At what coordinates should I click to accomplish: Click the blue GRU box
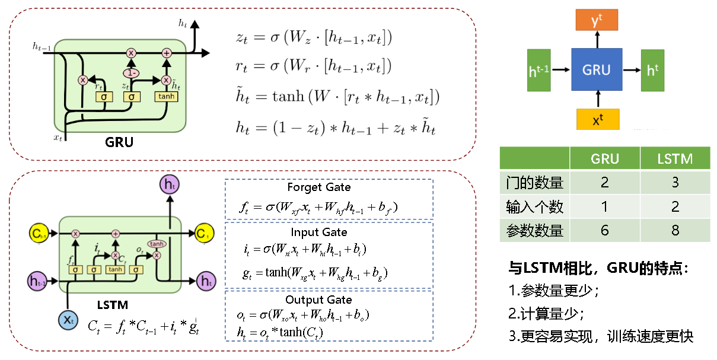coord(597,70)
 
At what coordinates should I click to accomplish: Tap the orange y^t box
coord(597,21)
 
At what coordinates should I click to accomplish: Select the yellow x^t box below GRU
coord(597,119)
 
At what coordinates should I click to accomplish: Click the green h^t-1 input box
coord(539,70)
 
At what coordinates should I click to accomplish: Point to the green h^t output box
coord(653,70)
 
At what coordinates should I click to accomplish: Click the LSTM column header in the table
coord(675,159)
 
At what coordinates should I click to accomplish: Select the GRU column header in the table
coord(604,159)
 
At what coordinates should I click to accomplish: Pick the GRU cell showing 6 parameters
coord(604,230)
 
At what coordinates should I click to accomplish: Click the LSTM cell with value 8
coord(675,230)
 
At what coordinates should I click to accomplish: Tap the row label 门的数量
coord(534,182)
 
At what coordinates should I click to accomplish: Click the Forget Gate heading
coord(318,187)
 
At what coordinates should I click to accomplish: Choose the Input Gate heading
coord(319,232)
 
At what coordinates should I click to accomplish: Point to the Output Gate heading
coord(318,300)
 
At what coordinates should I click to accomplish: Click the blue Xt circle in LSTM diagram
coord(68,320)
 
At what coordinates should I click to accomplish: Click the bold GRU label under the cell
coord(119,142)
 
